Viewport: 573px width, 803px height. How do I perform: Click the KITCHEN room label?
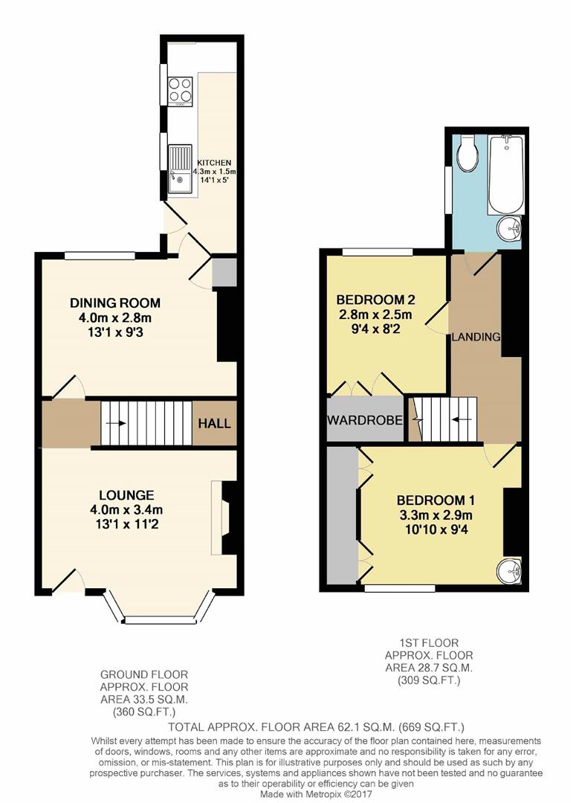point(213,163)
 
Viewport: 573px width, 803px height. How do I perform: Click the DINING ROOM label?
point(115,303)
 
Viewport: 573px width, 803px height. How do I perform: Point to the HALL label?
point(214,424)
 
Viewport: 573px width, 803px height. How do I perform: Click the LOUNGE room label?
point(126,494)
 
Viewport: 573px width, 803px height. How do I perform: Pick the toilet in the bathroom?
point(468,153)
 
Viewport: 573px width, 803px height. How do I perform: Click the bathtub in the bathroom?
point(506,174)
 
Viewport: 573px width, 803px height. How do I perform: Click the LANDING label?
point(476,337)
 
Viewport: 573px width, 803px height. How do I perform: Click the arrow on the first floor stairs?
point(463,419)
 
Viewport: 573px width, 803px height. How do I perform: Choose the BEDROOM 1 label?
point(436,500)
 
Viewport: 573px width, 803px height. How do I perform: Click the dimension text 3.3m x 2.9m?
point(435,514)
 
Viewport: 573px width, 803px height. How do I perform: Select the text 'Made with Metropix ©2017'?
point(315,795)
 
